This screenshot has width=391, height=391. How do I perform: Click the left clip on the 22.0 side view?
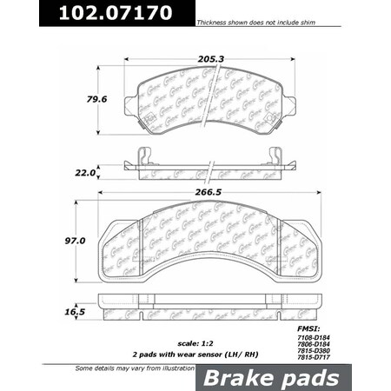(145, 156)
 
